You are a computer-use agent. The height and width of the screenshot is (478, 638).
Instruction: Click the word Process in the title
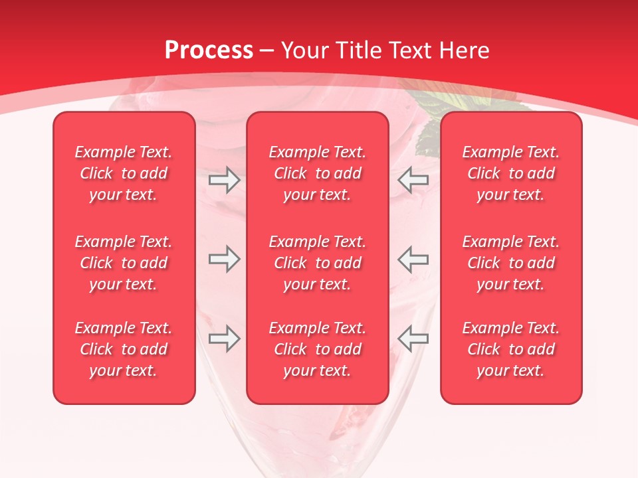point(209,50)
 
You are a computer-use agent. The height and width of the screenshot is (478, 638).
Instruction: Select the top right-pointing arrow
point(224,180)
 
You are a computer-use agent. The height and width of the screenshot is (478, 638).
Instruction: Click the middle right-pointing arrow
point(224,259)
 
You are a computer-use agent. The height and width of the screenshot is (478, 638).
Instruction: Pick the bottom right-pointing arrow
point(224,339)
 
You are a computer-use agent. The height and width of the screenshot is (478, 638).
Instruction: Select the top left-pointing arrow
point(413,180)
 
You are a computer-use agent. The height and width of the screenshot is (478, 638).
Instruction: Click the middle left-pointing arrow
point(413,259)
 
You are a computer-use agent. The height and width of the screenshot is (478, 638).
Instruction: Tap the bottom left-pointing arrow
point(413,339)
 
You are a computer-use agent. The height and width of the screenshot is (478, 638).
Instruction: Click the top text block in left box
point(124,173)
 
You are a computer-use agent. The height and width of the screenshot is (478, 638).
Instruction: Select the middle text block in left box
point(124,263)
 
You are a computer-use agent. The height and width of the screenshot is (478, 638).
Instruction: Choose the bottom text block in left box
point(124,349)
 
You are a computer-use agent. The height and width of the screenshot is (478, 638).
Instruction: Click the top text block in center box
point(317,173)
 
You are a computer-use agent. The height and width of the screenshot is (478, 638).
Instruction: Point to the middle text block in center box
point(317,263)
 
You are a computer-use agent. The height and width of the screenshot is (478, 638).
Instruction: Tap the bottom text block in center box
point(317,349)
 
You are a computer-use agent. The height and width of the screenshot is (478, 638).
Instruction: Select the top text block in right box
point(511,173)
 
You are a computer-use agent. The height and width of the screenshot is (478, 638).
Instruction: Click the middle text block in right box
point(511,263)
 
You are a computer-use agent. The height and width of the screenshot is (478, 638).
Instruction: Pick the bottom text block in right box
point(511,349)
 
